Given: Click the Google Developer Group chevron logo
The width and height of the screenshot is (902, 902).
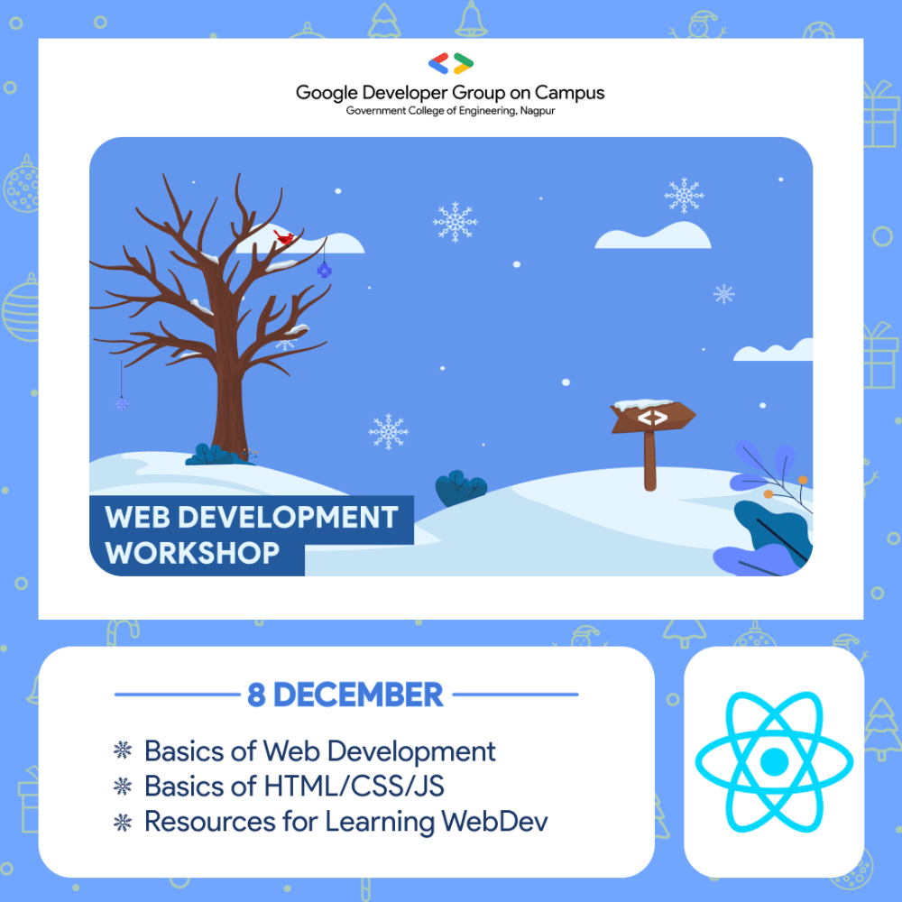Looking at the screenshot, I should click(451, 64).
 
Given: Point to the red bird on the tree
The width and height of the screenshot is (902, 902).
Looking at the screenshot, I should click(286, 238).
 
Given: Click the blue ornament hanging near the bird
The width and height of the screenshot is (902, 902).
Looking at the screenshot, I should click(324, 269).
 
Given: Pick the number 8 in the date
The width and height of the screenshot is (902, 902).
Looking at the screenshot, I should click(256, 695).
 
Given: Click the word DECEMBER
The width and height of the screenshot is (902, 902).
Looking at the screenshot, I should click(358, 695).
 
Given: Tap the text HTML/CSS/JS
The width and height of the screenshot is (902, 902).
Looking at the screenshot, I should click(354, 786).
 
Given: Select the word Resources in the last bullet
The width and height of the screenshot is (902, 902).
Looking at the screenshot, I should click(202, 822).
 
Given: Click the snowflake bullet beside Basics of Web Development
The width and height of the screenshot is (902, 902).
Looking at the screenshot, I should click(122, 750).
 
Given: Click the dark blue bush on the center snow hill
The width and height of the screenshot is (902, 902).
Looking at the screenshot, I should click(461, 489).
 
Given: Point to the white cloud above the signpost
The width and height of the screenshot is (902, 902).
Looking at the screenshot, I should click(652, 236).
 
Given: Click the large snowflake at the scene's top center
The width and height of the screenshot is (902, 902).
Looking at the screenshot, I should click(455, 221).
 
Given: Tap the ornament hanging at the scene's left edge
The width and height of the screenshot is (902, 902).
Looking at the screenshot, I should click(122, 403).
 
